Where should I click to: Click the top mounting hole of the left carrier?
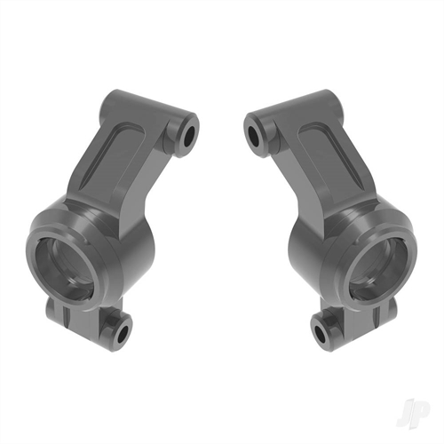189,135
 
